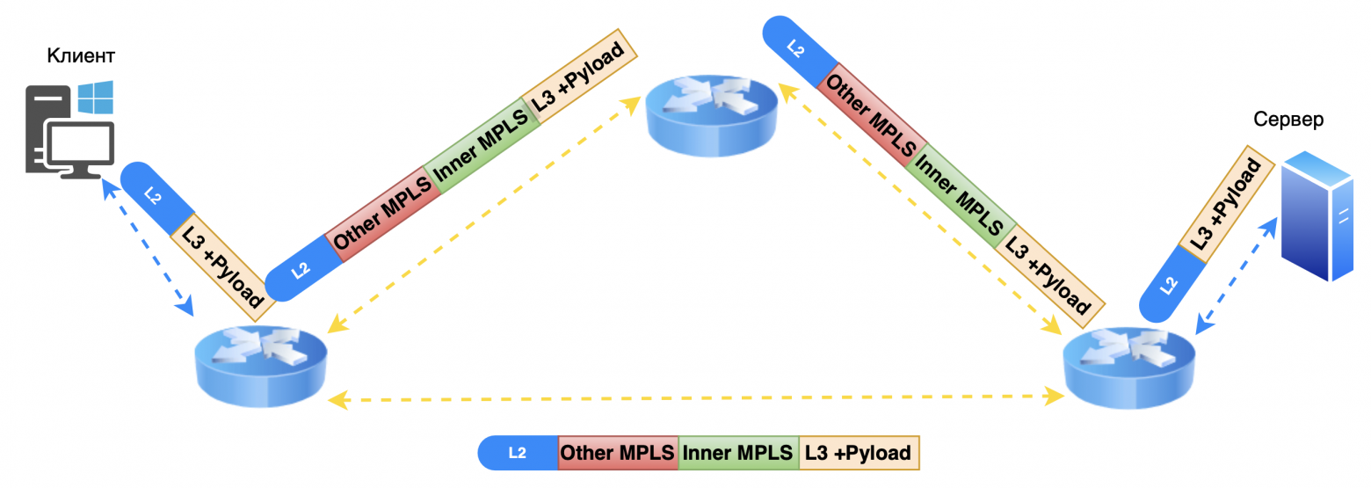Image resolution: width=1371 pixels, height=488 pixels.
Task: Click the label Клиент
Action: [81, 56]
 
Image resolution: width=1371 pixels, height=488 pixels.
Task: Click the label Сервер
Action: [1288, 120]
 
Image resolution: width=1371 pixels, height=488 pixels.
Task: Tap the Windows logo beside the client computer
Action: [96, 98]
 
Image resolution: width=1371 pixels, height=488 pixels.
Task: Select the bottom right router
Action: [1129, 368]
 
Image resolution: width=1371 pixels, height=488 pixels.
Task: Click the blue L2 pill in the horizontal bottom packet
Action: [518, 453]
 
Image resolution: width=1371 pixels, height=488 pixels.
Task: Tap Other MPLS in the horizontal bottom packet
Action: [618, 453]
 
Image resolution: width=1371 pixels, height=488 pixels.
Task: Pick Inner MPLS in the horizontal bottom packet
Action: [738, 453]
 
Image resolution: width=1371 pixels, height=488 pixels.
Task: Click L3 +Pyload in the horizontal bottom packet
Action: [858, 453]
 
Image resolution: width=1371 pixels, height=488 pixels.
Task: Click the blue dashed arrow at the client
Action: [148, 246]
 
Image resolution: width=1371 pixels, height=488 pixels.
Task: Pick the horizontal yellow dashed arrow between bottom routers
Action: [694, 399]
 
